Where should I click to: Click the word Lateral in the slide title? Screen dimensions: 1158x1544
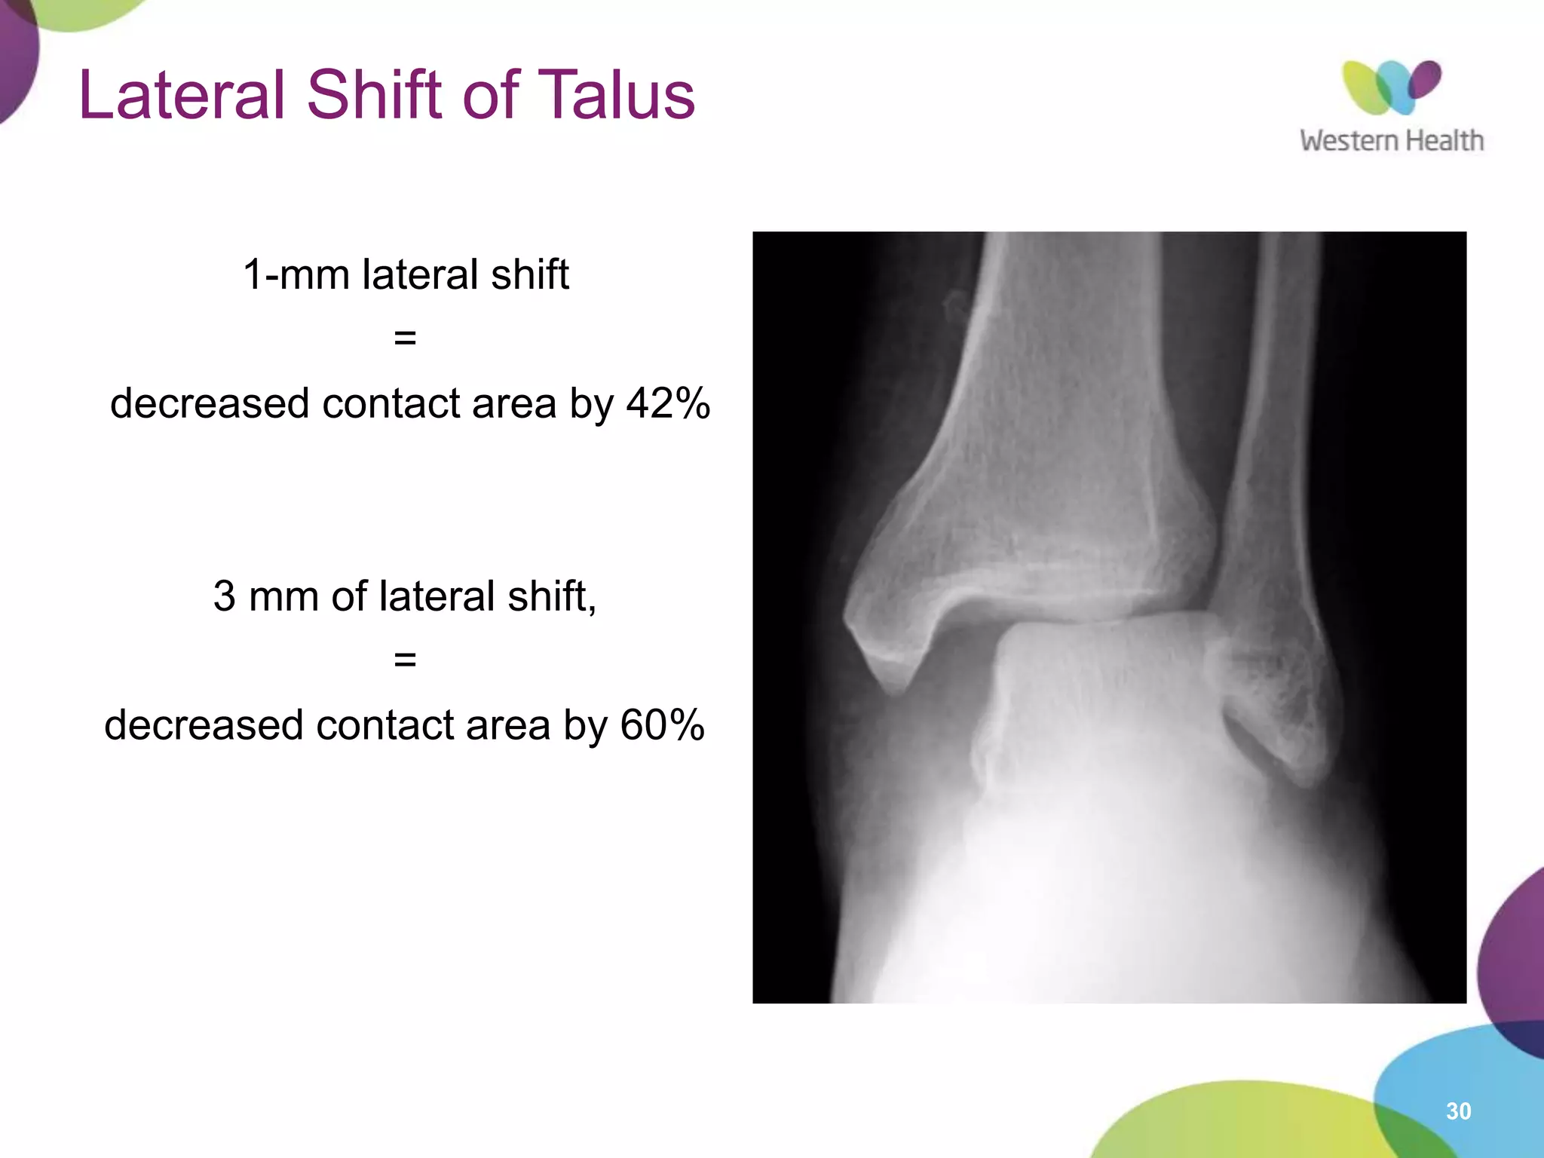[182, 96]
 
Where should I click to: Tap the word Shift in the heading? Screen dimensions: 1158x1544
[374, 96]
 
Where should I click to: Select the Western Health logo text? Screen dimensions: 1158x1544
[1391, 141]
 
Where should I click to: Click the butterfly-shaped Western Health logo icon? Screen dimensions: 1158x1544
[1391, 87]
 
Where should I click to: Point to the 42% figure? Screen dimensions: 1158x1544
[668, 403]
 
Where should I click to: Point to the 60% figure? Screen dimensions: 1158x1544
[662, 725]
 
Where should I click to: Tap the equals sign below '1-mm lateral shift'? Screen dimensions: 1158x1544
[405, 339]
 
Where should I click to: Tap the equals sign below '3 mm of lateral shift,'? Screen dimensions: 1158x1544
[405, 660]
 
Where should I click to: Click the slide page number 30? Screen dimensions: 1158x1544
[1458, 1111]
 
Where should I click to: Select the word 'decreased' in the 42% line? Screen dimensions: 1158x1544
[210, 403]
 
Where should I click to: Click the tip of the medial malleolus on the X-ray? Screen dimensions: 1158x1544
[893, 682]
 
